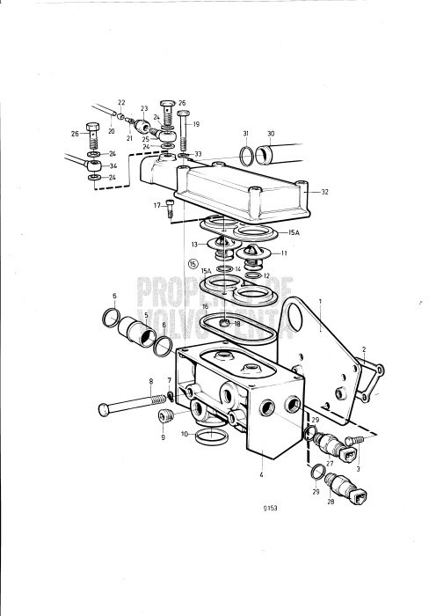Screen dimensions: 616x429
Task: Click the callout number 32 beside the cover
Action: [x=324, y=191]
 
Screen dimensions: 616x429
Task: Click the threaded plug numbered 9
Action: [x=164, y=417]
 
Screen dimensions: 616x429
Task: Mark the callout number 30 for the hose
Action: [x=271, y=134]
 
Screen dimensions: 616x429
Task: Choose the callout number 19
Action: [x=196, y=125]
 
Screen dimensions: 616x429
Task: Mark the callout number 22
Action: [x=121, y=103]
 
